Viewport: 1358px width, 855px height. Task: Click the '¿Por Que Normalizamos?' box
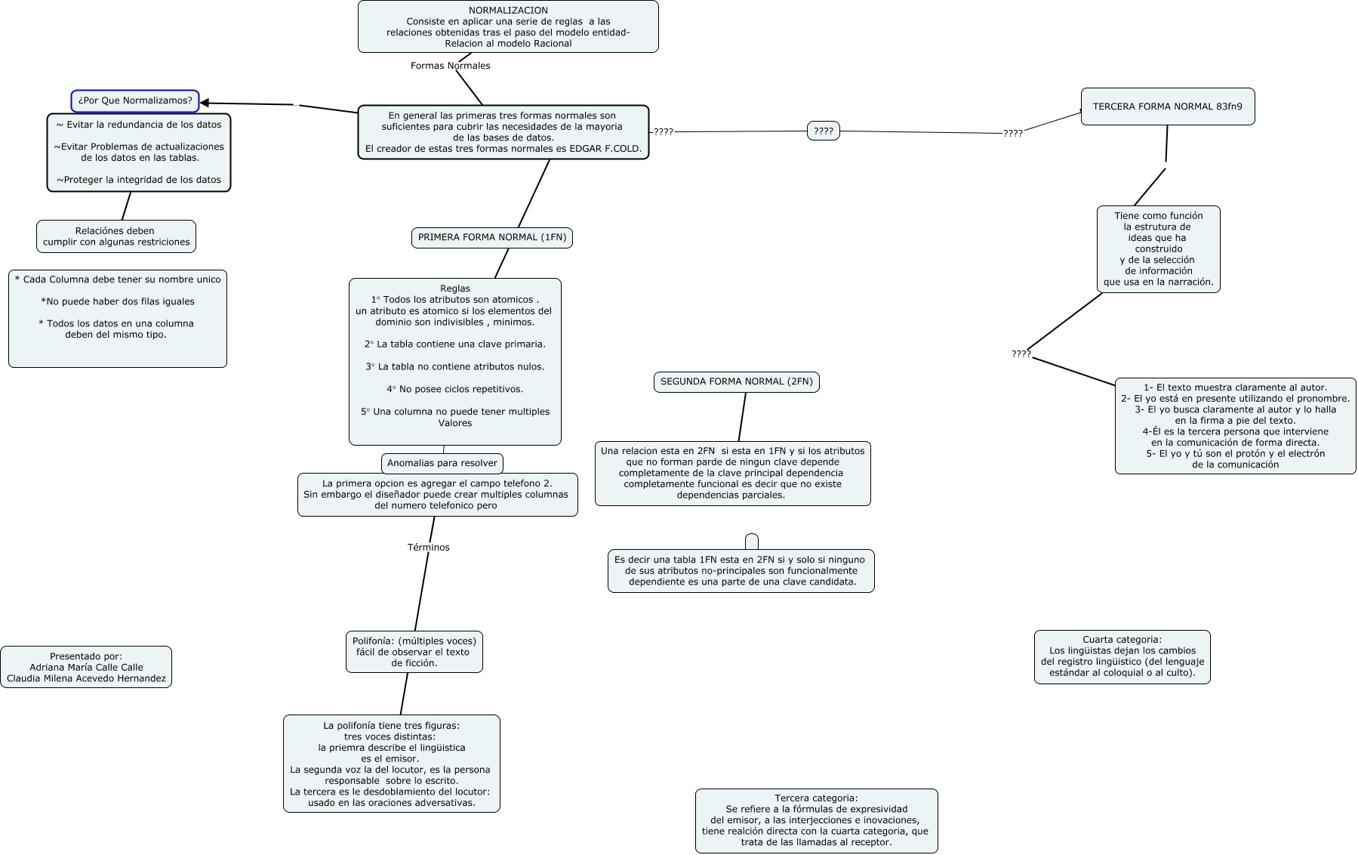(x=135, y=100)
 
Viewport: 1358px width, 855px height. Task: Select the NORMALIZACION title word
(x=508, y=11)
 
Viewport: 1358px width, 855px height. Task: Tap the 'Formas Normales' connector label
(x=450, y=66)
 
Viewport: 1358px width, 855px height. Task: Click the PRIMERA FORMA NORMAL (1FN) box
(x=492, y=237)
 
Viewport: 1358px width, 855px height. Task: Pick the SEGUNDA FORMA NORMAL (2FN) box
(x=737, y=382)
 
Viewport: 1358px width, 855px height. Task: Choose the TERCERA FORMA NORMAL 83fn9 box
(x=1168, y=106)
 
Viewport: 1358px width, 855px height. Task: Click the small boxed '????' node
(x=824, y=131)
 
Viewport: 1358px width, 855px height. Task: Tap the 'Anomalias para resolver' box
(x=442, y=463)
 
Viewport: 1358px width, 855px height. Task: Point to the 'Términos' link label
(x=429, y=548)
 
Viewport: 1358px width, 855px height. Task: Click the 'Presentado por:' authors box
(x=86, y=667)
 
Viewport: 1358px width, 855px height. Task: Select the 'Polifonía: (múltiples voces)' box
(x=414, y=652)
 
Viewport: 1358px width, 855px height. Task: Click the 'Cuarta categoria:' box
(x=1122, y=657)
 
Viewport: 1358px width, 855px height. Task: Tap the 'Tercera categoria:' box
(x=817, y=821)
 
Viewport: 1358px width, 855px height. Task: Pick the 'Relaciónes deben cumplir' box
(x=116, y=236)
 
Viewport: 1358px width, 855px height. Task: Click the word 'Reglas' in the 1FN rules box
(x=455, y=289)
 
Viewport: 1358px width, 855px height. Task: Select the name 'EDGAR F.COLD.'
(x=610, y=149)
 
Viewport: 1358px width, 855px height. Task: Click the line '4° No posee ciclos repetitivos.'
(x=455, y=389)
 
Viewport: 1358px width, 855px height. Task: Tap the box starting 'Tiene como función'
(x=1159, y=249)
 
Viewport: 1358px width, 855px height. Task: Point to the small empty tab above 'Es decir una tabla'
(x=752, y=542)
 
